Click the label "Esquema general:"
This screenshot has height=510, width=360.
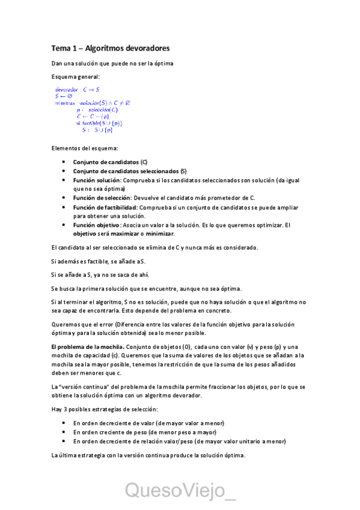[76, 77]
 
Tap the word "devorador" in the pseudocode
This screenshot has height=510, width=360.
[67, 89]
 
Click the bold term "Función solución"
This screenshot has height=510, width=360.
[97, 180]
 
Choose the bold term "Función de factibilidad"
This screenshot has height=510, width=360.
[105, 207]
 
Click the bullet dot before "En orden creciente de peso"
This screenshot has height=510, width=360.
[64, 432]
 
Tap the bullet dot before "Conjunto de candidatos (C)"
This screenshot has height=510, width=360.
[64, 162]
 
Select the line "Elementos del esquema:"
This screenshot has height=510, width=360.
[85, 148]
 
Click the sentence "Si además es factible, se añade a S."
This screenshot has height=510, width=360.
[99, 261]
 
